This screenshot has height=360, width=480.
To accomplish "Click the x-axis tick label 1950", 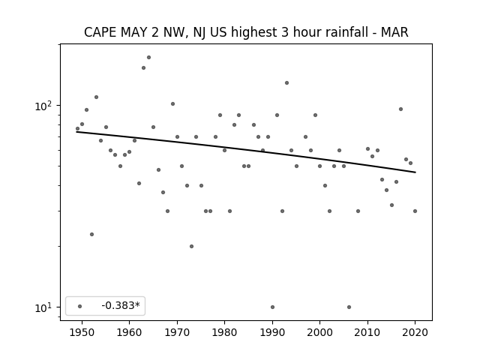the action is (x=82, y=332).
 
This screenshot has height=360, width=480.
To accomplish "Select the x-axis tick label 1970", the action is (x=177, y=332).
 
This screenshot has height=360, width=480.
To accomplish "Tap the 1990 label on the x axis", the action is (x=272, y=332).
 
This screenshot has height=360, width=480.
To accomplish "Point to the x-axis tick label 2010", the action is (x=367, y=332).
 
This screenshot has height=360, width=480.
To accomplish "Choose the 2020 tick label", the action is (x=415, y=332).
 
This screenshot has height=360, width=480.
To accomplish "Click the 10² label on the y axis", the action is (x=43, y=106).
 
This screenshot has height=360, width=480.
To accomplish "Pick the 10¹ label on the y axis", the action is (x=43, y=307).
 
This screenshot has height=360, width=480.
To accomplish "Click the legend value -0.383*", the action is (x=121, y=305).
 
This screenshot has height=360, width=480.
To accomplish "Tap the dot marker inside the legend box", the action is (x=80, y=306).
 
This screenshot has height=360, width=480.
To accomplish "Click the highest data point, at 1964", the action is (x=148, y=57).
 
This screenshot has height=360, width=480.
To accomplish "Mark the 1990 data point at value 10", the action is (x=272, y=307).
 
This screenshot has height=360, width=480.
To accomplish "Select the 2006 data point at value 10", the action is (x=349, y=307).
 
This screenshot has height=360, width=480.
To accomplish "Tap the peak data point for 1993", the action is (x=286, y=82).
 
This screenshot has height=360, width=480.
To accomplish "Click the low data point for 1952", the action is (x=91, y=234).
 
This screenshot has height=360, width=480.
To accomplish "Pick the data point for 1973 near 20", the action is (x=192, y=246).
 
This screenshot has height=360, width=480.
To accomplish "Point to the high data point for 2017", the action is (x=400, y=109).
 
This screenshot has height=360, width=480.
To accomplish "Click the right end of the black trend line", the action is (x=415, y=172).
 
